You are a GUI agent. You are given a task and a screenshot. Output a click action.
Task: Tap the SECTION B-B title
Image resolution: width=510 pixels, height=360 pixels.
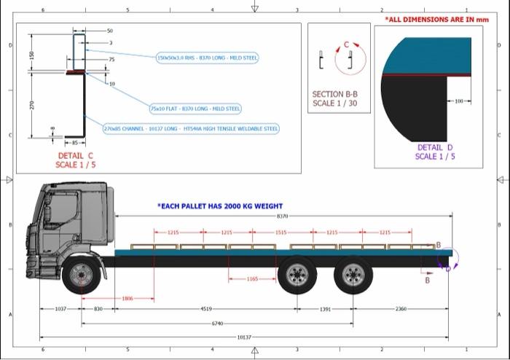pos(334,98)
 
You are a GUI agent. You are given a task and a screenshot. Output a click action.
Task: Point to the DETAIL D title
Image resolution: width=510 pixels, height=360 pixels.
pos(436,152)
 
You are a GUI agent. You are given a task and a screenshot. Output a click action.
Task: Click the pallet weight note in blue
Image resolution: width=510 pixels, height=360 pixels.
pos(219,206)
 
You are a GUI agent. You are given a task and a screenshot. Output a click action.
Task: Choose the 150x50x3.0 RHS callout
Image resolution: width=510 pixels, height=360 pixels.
pos(207,58)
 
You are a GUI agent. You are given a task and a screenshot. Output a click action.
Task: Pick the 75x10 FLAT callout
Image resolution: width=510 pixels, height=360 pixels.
pos(195,109)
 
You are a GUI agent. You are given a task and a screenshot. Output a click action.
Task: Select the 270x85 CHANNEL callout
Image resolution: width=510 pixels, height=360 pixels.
pos(191,128)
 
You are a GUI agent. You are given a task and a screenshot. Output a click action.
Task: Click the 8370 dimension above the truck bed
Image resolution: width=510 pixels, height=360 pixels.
pos(282,216)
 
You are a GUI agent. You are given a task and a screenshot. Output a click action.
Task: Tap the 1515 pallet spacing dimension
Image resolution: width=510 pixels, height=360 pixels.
pos(280,232)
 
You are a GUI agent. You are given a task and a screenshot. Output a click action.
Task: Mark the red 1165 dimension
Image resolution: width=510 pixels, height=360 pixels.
pos(251,279)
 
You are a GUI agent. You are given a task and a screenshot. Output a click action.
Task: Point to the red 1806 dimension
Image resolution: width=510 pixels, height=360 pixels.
pos(127,298)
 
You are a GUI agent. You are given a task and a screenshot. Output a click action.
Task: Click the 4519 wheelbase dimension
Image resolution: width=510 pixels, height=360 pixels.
pos(206,309)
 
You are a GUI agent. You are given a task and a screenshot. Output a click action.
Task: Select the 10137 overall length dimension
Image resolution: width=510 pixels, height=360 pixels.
pos(244,337)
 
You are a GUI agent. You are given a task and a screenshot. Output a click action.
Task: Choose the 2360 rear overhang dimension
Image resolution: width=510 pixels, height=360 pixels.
pos(401,309)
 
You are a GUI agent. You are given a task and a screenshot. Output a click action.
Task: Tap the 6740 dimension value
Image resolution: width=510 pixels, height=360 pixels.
pos(217,323)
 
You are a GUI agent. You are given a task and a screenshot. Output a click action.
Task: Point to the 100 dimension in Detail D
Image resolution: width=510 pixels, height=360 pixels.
pos(458,101)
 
